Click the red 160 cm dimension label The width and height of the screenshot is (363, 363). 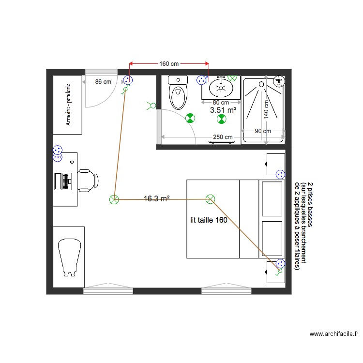coord(169,63)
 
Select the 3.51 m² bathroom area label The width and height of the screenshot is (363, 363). coord(223,110)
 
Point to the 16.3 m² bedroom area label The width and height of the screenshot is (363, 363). coord(156,198)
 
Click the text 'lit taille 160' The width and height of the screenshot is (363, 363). coord(209,220)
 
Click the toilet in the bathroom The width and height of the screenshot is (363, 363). coord(178,92)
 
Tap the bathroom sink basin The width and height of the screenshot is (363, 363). coord(221,88)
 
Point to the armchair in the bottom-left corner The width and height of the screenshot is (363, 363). coord(69,257)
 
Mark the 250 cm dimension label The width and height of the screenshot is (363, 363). coord(223,137)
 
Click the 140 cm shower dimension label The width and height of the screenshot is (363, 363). coord(266,107)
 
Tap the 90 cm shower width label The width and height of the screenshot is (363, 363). coord(263,131)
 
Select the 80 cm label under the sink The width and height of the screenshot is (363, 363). coord(221,103)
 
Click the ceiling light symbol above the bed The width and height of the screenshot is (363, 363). coord(210,199)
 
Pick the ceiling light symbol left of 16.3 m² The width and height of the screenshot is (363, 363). coord(114,199)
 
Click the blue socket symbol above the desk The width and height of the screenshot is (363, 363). coord(58,150)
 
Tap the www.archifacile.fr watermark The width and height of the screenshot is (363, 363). coord(334,334)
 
